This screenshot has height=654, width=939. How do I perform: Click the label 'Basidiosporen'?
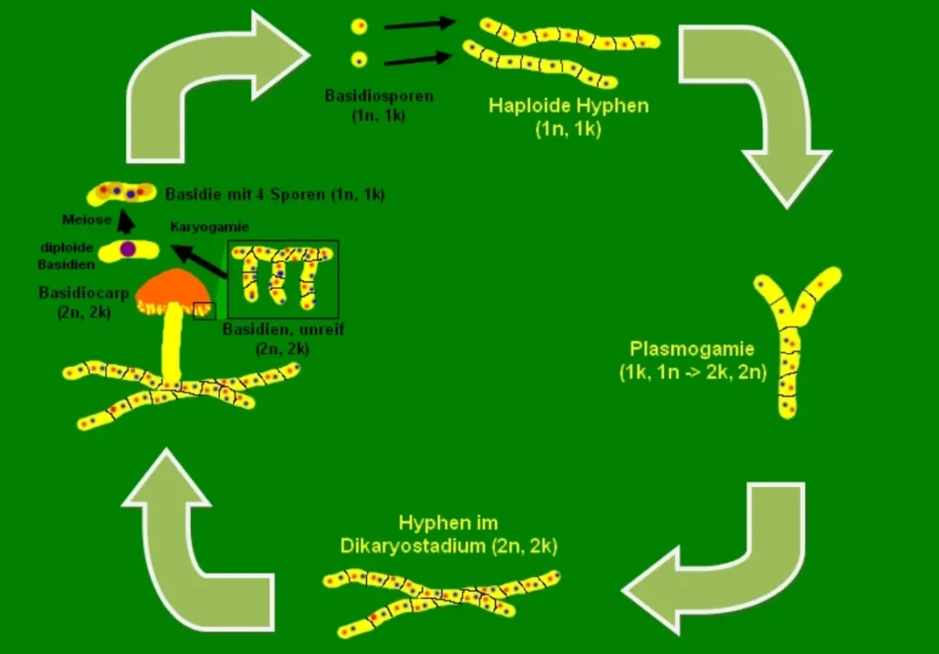(x=365, y=94)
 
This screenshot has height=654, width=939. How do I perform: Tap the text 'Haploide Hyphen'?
(x=568, y=105)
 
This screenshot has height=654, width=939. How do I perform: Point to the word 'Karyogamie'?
(x=210, y=226)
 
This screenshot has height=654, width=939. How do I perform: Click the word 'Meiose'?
(x=87, y=219)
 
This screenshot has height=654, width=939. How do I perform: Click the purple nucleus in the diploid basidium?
(x=128, y=249)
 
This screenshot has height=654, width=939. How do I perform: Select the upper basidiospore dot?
(x=359, y=27)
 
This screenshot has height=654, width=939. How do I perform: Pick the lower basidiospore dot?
(x=359, y=60)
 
